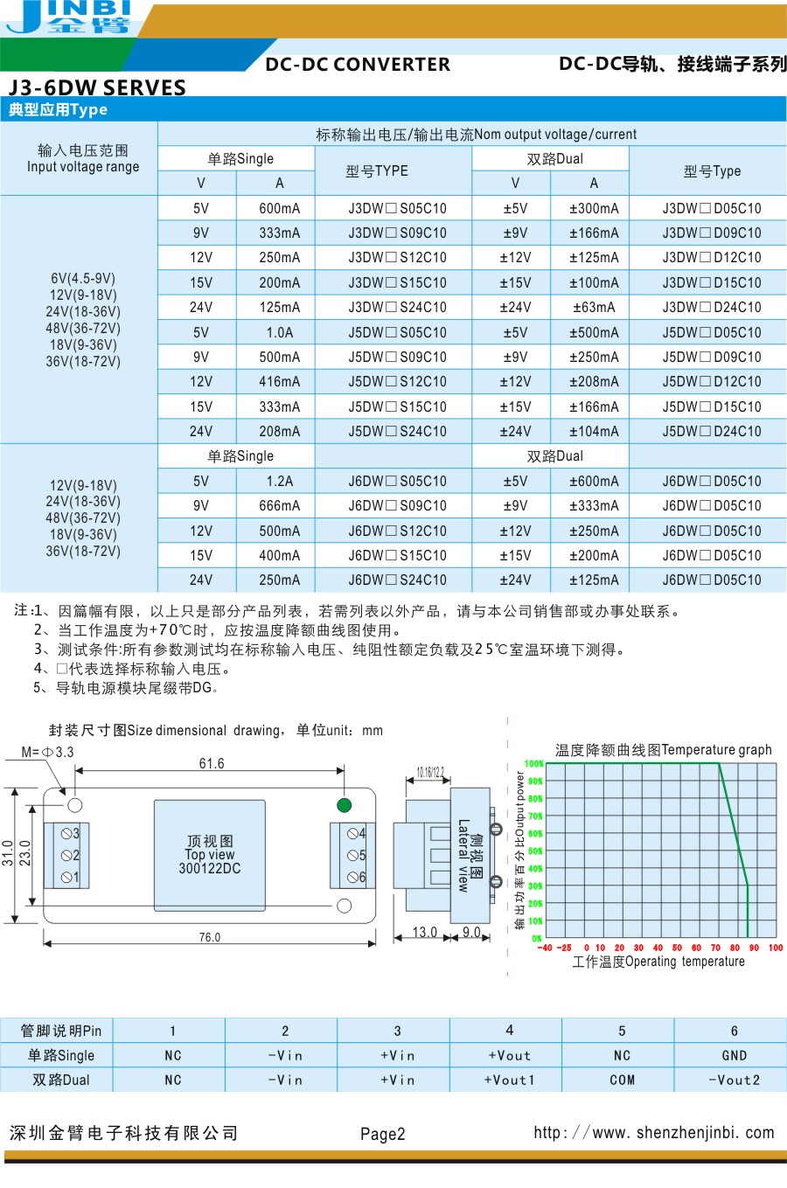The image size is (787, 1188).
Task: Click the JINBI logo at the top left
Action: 70,17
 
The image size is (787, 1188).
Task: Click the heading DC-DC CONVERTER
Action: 358,65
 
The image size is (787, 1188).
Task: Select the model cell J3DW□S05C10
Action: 397,208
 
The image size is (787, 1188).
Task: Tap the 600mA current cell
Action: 279,208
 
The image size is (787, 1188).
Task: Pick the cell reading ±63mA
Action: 594,308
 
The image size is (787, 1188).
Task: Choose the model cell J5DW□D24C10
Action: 712,431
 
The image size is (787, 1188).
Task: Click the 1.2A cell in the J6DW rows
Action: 279,481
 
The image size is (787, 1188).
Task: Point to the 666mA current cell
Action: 279,505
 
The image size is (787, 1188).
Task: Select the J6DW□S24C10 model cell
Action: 397,580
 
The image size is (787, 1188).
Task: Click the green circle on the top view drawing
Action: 345,804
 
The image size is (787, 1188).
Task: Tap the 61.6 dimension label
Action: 212,763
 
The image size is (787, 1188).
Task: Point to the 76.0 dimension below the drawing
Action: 210,937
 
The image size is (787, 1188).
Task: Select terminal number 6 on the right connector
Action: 361,877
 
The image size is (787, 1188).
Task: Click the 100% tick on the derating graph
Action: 533,764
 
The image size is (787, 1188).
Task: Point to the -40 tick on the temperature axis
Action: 545,948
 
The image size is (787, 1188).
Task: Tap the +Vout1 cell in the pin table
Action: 509,1080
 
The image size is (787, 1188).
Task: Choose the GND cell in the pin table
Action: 734,1055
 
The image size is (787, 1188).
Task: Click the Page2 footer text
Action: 383,1134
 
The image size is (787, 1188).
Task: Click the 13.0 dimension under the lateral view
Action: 424,932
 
